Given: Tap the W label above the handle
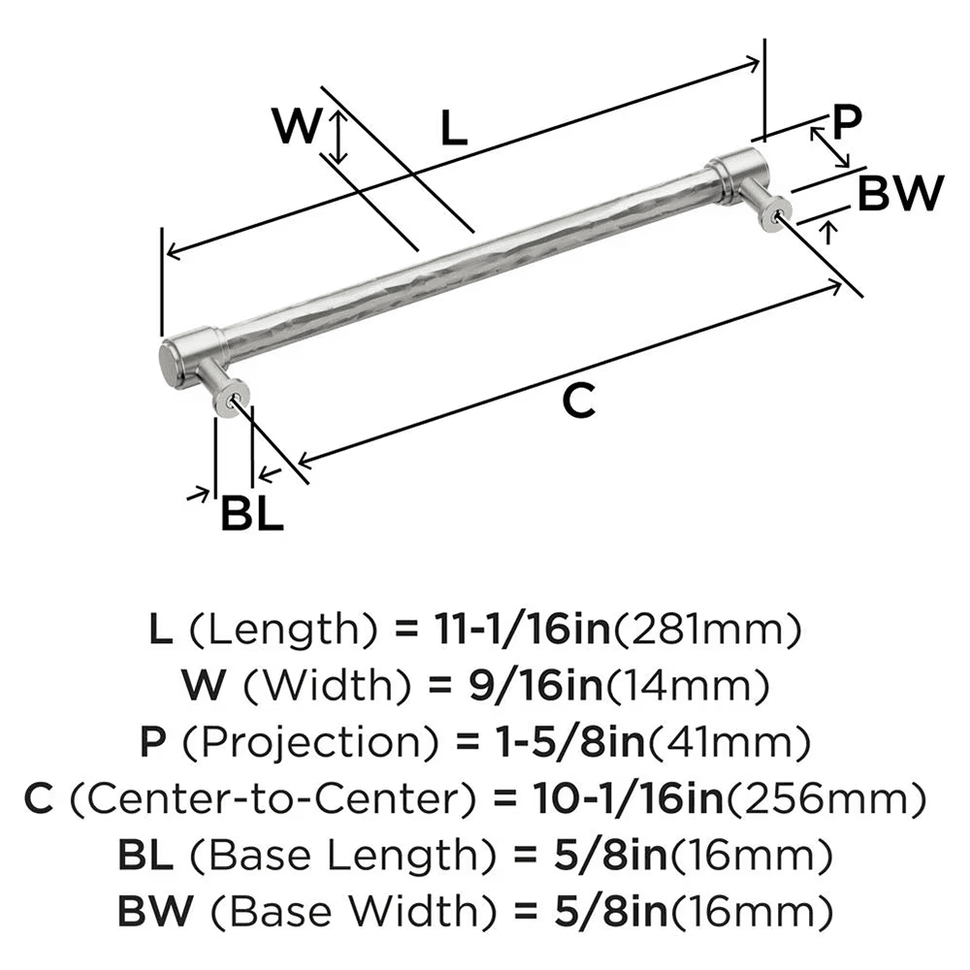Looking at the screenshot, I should pos(295,126).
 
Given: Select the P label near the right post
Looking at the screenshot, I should pos(847,122).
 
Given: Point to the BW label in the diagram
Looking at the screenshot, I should pos(901,194).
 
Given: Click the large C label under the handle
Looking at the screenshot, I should pos(578,401).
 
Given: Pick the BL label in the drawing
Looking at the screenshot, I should pos(252,513).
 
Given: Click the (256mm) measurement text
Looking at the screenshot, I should pos(820,800).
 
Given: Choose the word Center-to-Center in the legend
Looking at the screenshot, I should pos(275,800).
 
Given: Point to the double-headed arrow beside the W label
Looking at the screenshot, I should pos(338,136).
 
